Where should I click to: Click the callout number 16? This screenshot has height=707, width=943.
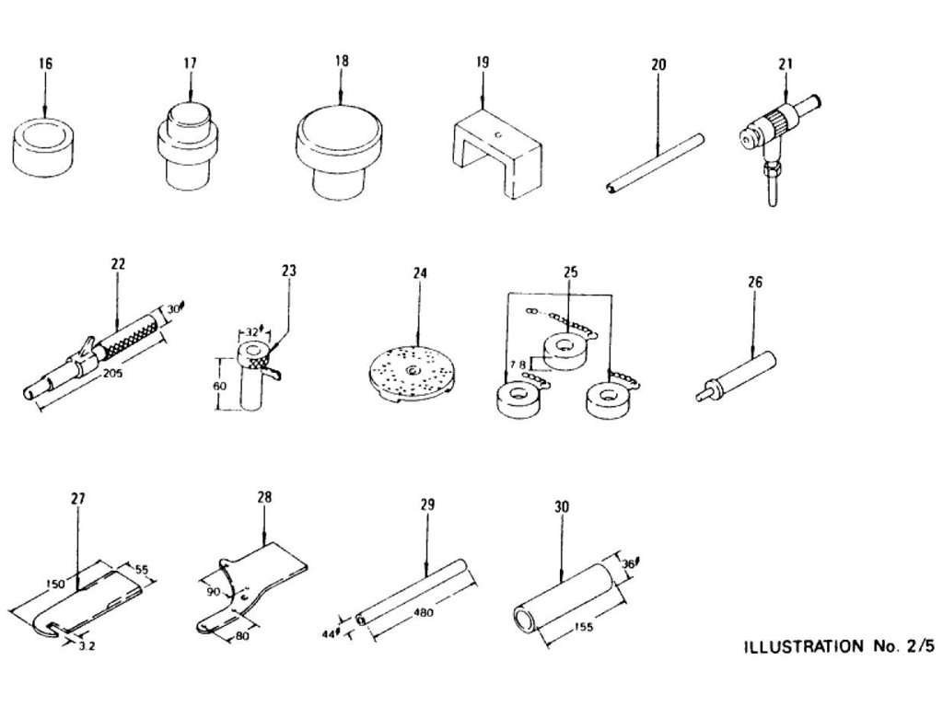pos(45,64)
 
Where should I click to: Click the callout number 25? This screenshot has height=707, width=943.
pos(570,272)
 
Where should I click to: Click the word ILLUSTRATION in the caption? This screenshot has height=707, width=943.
pos(800,646)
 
